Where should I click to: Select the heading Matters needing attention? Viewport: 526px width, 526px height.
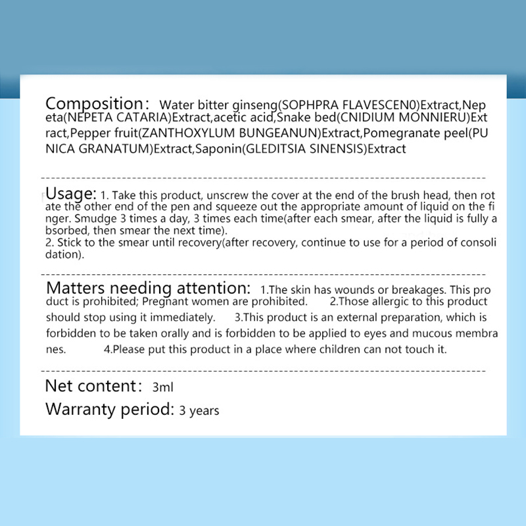(x=149, y=288)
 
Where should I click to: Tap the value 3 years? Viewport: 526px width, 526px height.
(x=199, y=411)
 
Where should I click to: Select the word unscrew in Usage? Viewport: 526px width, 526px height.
(x=220, y=196)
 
